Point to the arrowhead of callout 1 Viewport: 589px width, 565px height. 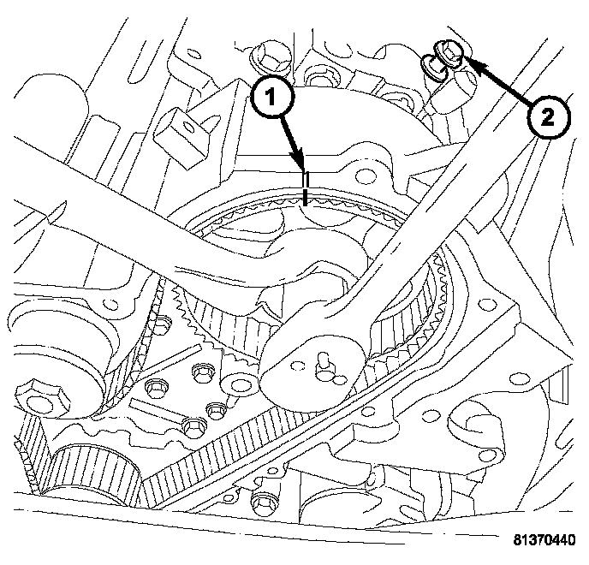[x=302, y=168]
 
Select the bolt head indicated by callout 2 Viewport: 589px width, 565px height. [x=447, y=54]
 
